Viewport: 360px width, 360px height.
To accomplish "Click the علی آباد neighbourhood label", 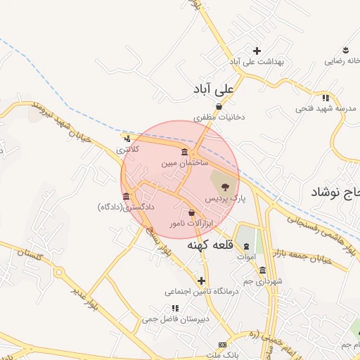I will pos(215,89).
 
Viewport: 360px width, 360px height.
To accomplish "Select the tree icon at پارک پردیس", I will pos(225,187).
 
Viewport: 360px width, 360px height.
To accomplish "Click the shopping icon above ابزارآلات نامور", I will pos(192,212).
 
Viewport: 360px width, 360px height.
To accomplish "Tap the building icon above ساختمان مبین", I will pos(184,152).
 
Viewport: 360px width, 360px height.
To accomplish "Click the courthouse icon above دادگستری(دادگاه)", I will pos(126,196).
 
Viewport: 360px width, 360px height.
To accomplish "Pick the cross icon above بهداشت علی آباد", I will pos(257,51).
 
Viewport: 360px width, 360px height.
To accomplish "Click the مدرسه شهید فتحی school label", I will pos(326,108).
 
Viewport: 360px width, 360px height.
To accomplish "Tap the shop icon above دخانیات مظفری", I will pos(219,106).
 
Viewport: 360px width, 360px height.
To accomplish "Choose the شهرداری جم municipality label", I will pos(262,281).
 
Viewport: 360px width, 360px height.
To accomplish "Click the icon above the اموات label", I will pos(245,247).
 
